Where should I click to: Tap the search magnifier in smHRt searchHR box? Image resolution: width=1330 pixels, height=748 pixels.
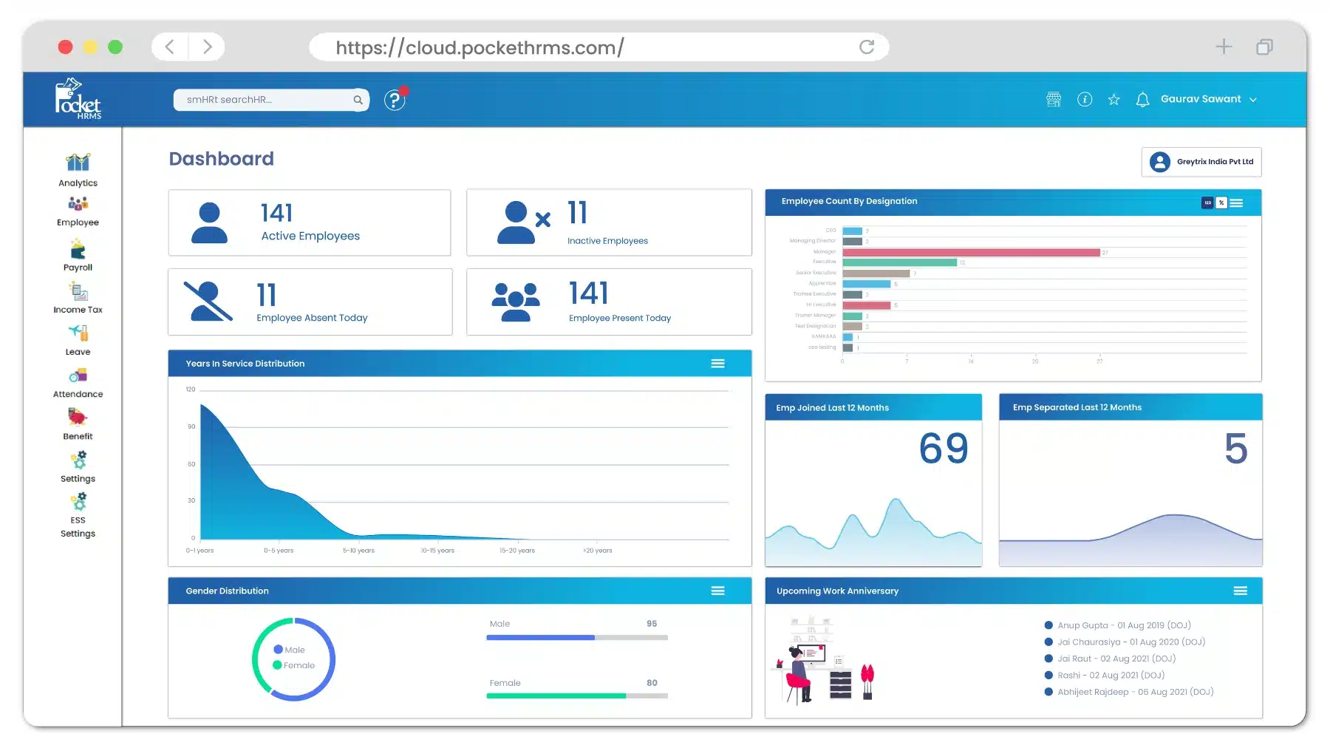(x=358, y=100)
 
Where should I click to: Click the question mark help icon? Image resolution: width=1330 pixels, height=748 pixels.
(x=395, y=100)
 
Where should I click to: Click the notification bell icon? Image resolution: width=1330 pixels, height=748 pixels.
(x=1142, y=100)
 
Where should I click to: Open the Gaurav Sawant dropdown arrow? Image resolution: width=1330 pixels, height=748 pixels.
(x=1253, y=100)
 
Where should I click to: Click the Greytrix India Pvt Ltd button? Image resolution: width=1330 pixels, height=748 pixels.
(x=1201, y=162)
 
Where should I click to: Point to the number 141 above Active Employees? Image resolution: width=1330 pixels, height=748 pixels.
(x=277, y=213)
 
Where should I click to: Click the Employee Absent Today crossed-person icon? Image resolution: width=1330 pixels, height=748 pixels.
(x=209, y=302)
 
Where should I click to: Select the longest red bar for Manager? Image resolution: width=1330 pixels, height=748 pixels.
(x=971, y=253)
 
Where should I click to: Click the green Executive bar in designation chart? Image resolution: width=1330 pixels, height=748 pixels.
(x=899, y=262)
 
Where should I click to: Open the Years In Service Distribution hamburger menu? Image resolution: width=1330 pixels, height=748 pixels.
(x=717, y=364)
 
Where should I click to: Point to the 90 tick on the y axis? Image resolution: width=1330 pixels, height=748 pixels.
(x=191, y=426)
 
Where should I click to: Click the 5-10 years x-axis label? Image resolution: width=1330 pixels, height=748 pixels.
(x=358, y=551)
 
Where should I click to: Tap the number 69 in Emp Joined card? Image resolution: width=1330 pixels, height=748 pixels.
(x=944, y=449)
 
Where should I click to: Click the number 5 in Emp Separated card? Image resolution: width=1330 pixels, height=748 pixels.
(x=1235, y=449)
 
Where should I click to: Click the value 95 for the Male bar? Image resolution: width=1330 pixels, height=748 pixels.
(x=652, y=624)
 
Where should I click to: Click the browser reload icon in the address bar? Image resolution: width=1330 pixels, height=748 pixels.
(x=867, y=47)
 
